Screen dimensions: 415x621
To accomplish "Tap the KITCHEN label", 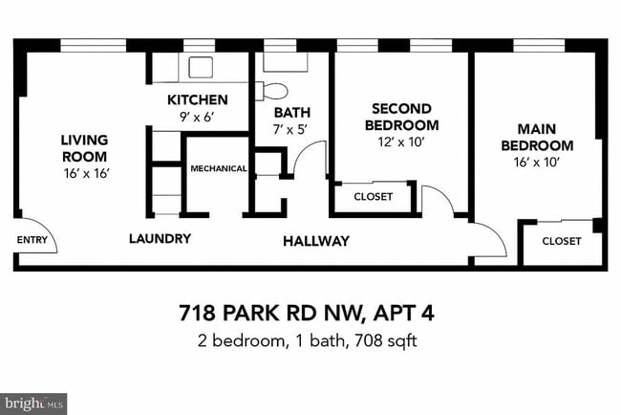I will (x=197, y=99).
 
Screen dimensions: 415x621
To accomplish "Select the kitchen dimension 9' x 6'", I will (x=197, y=116).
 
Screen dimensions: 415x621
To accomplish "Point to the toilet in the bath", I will (x=275, y=92).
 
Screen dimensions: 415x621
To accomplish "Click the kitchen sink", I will (x=202, y=67).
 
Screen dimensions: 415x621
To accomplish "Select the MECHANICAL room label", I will (x=219, y=168).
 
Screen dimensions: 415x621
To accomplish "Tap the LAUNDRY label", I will (x=160, y=238).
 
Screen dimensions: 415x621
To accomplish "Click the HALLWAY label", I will (x=315, y=241).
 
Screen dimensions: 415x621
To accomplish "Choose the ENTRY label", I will (x=31, y=240).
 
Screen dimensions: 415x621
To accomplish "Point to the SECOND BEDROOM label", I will (x=404, y=117).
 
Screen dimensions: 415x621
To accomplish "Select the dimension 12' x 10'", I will (x=400, y=142).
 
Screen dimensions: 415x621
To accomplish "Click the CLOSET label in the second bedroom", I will (x=373, y=197).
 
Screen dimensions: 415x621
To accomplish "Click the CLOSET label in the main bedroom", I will (x=561, y=241).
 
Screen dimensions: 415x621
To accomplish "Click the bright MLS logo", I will (x=34, y=403).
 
